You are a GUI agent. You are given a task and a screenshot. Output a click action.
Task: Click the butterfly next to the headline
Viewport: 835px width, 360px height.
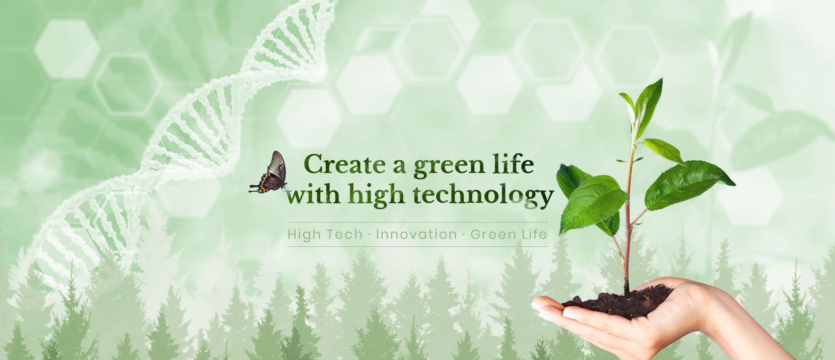click(x=269, y=173)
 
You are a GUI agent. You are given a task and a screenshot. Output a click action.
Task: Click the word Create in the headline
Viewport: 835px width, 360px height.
click(x=343, y=165)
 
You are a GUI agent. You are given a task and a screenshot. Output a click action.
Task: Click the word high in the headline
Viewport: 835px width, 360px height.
click(x=378, y=196)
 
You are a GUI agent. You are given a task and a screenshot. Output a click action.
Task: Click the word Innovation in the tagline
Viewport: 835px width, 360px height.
click(x=416, y=234)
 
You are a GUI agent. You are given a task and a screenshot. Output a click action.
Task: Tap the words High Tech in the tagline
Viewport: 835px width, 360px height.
click(x=325, y=234)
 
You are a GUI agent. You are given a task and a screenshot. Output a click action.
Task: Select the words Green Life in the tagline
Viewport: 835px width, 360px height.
click(x=509, y=234)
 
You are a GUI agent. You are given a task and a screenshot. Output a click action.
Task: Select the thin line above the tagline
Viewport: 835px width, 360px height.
click(x=417, y=223)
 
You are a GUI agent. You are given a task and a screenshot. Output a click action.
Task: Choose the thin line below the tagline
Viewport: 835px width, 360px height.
click(x=417, y=246)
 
